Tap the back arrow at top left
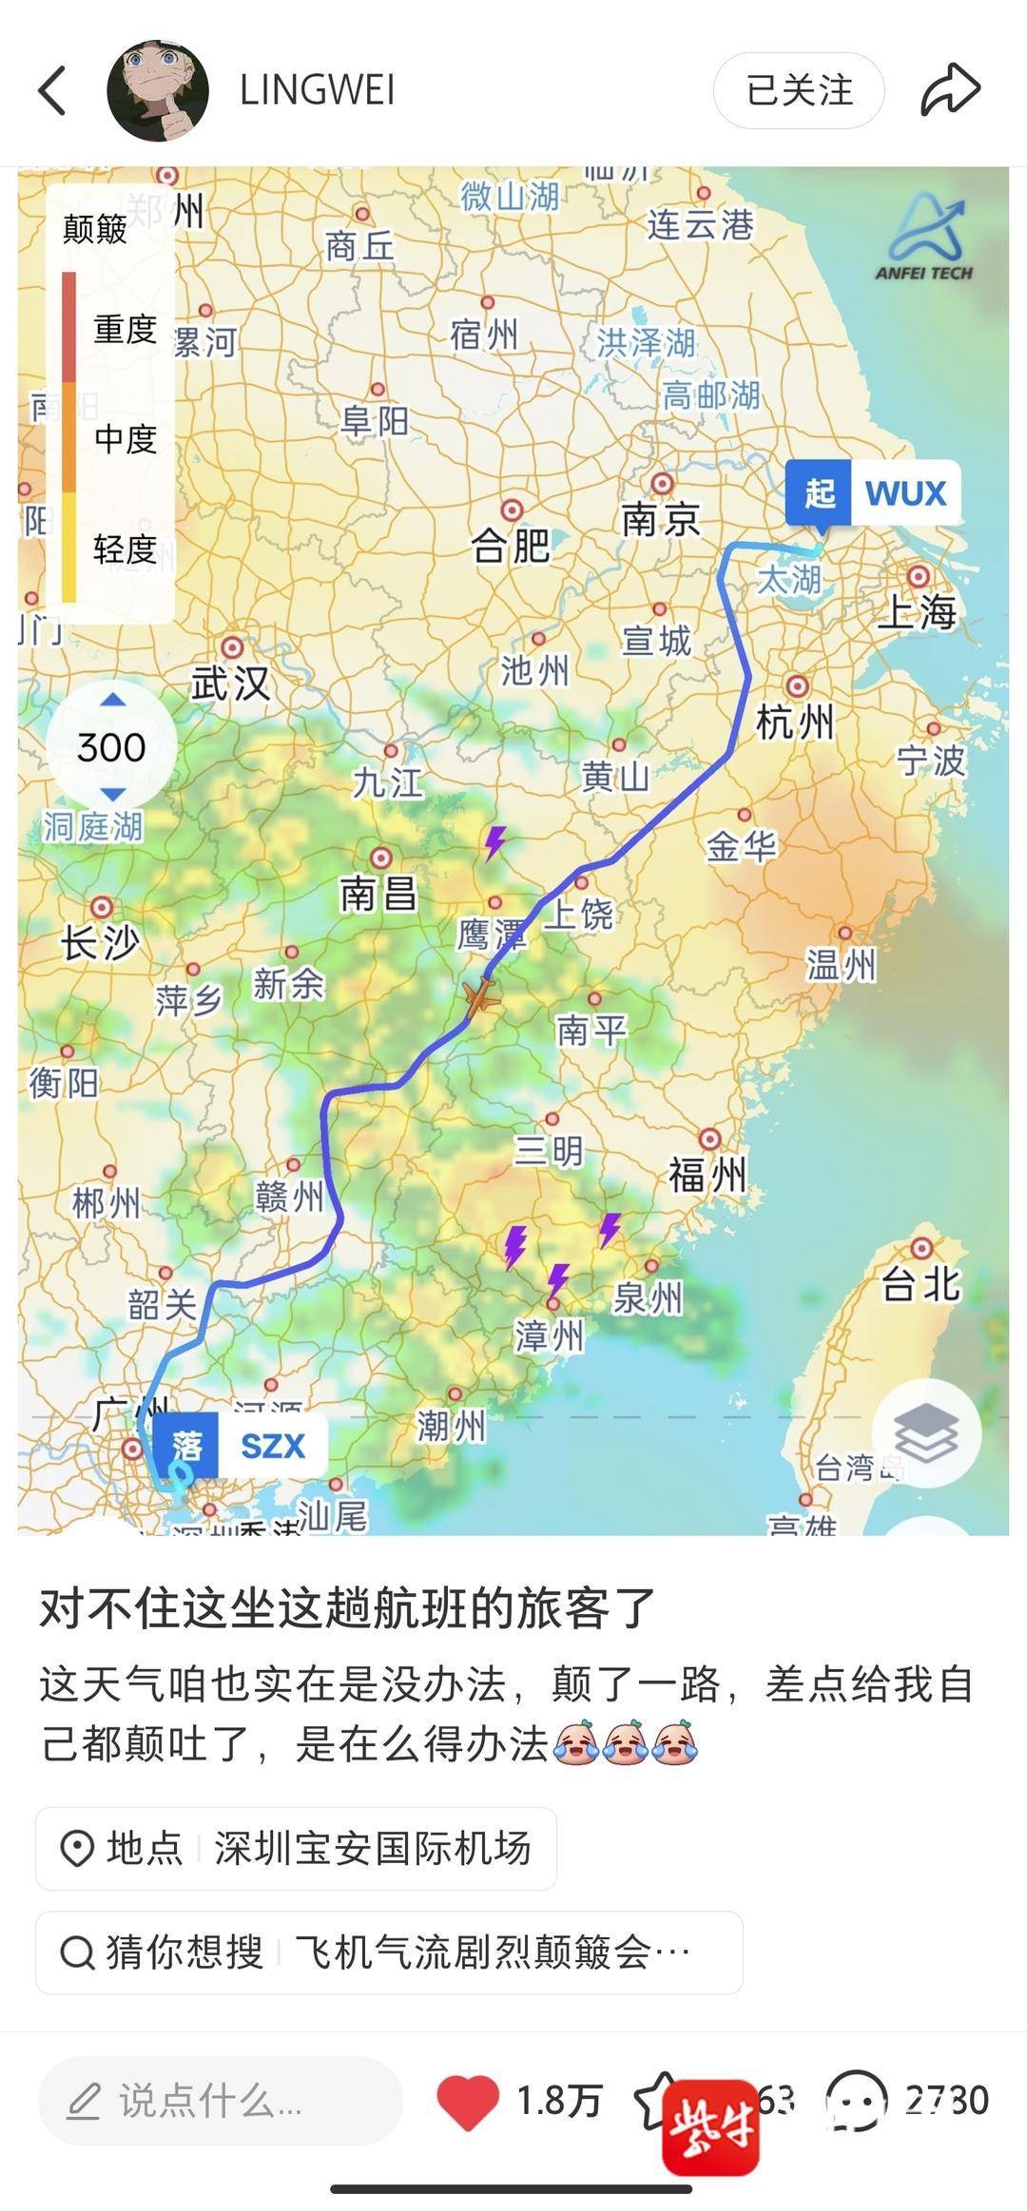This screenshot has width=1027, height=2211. pos(53,90)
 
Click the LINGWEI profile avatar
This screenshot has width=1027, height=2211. pos(158,90)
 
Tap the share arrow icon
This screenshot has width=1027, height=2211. pos(950,90)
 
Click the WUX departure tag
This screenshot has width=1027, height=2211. pos(872,493)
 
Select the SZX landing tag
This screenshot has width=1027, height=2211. pos(240,1446)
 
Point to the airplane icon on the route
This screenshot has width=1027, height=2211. pos(481,998)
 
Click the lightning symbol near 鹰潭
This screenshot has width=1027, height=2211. pos(495,842)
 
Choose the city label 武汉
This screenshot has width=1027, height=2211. pos(230,683)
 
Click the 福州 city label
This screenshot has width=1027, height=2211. pos(707,1175)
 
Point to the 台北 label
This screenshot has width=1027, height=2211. pos(920,1283)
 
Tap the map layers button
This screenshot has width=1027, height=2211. pos(926,1432)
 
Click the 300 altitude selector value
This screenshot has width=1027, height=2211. pos(111,747)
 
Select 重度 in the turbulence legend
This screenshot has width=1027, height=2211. pos(125,329)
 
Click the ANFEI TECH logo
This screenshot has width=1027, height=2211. pos(924,239)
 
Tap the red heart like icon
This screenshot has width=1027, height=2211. pos(467,2100)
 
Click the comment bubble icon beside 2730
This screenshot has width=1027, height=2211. pos(856,2100)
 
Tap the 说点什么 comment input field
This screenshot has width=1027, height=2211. pos(220,2100)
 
